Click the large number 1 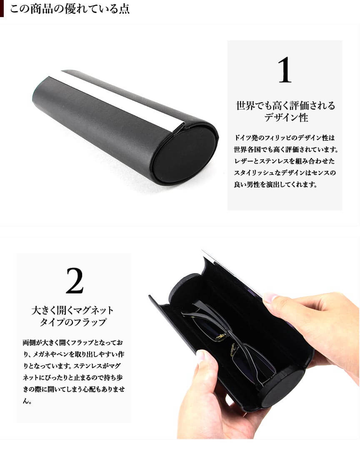tap(285, 70)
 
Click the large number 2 tap(75, 281)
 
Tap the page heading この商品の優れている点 tap(70, 9)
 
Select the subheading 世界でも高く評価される tap(285, 106)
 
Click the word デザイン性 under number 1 tap(286, 117)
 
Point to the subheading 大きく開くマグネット tap(72, 310)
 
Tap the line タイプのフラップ tap(73, 322)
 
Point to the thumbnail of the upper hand tap(270, 298)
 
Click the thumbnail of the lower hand tap(200, 356)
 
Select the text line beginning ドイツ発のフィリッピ tap(285, 138)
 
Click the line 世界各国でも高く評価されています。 tap(286, 149)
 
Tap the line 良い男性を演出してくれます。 tap(275, 184)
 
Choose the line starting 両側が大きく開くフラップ tap(73, 342)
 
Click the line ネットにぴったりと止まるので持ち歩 tap(72, 378)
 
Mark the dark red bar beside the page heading tap(2, 8)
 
